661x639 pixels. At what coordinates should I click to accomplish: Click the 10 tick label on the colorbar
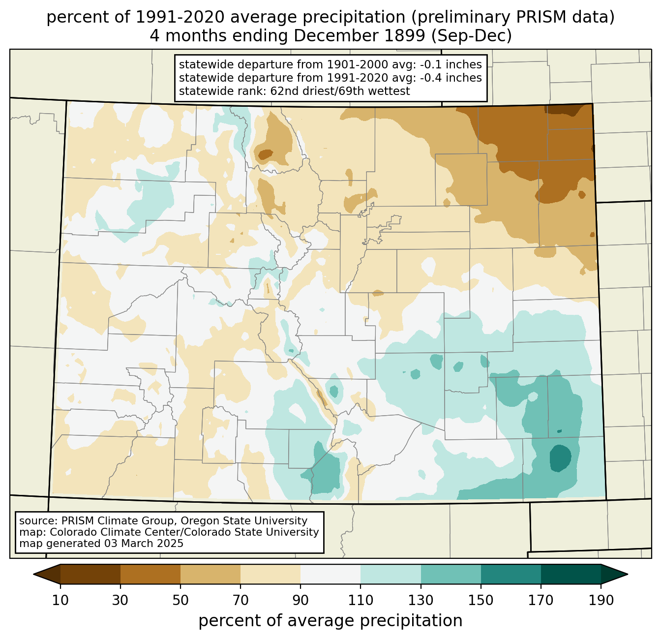coord(60,601)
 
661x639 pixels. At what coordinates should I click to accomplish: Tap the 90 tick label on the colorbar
coord(300,601)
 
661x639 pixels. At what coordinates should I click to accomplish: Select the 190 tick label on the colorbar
coord(601,601)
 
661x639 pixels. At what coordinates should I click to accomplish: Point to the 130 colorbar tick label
coord(421,601)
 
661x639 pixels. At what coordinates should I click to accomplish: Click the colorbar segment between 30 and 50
coord(150,574)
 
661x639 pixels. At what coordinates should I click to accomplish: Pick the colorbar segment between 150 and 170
coord(511,574)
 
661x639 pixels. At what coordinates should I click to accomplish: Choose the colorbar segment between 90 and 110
coord(330,574)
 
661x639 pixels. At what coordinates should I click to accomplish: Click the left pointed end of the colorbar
coord(34,574)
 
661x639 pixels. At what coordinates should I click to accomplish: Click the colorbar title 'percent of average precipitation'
coord(330,621)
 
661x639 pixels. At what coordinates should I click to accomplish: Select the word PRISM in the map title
coord(536,18)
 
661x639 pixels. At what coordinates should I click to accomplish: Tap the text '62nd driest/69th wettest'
coord(340,91)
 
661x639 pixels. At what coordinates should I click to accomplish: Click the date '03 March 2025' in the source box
coord(144,544)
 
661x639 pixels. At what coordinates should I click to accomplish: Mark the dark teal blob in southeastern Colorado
coord(560,458)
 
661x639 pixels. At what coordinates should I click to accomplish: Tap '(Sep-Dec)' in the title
coord(471,36)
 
